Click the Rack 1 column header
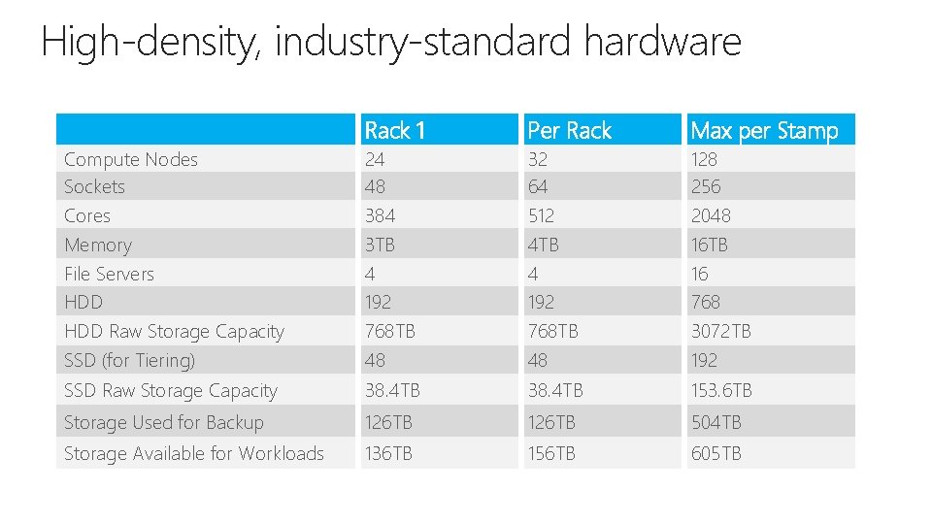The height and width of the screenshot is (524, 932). (395, 130)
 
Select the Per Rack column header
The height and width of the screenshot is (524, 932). (569, 130)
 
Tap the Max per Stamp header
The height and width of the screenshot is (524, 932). (764, 130)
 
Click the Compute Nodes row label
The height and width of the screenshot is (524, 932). (131, 159)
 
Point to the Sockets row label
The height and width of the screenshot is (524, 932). (94, 186)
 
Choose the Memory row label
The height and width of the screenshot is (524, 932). (97, 246)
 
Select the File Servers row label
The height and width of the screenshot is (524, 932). (109, 274)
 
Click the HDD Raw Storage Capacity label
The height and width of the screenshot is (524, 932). (174, 332)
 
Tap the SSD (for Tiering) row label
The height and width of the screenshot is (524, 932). (129, 360)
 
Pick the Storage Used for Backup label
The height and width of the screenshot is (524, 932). (163, 422)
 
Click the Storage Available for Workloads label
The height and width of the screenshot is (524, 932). (194, 453)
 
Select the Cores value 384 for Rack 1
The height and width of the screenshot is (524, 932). (380, 215)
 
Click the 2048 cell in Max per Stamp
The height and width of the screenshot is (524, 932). (711, 215)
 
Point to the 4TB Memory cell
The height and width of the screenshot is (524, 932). (544, 246)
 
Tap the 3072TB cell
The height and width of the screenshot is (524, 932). (720, 332)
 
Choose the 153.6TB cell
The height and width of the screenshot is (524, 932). (721, 391)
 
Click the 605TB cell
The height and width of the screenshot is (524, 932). (716, 453)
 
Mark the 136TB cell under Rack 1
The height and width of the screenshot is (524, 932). (388, 453)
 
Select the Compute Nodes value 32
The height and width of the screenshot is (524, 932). (537, 159)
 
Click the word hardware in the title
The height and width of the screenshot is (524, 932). (662, 42)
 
